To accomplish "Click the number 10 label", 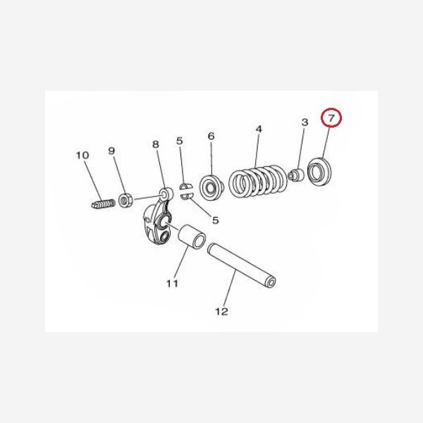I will [82, 155].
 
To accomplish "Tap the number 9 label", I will [111, 151].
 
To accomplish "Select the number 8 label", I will [156, 145].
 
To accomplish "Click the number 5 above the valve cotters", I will [180, 141].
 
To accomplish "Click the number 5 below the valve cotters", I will [215, 220].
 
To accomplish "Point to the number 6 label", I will [209, 136].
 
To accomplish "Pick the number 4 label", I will [259, 129].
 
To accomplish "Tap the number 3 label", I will [305, 123].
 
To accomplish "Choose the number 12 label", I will [221, 311].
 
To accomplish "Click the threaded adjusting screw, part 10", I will [103, 204].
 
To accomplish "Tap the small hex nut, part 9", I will [127, 201].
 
